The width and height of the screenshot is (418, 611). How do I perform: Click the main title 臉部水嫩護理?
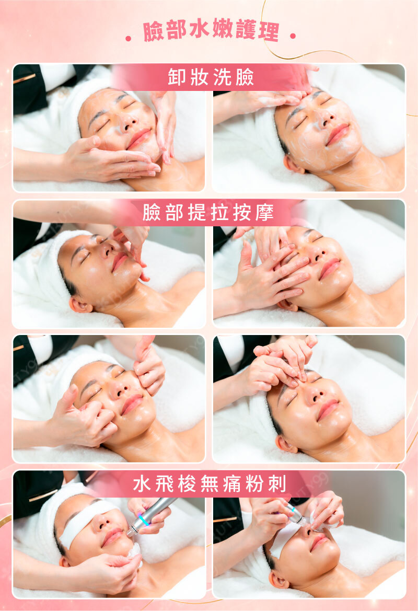click(x=211, y=30)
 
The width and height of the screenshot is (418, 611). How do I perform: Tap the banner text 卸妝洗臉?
click(x=211, y=77)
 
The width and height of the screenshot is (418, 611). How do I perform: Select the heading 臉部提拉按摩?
click(x=208, y=212)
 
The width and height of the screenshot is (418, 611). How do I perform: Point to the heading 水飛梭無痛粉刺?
click(x=210, y=483)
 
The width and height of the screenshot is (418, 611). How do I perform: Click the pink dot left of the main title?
click(x=129, y=38)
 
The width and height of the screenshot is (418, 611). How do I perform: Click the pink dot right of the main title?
click(x=293, y=36)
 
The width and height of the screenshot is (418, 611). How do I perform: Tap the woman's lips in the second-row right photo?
click(x=330, y=269)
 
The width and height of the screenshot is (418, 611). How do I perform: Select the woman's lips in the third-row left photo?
click(x=131, y=405)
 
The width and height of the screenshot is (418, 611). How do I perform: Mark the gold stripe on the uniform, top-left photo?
click(x=24, y=78)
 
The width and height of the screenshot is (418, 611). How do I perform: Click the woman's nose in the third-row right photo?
click(x=316, y=394)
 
